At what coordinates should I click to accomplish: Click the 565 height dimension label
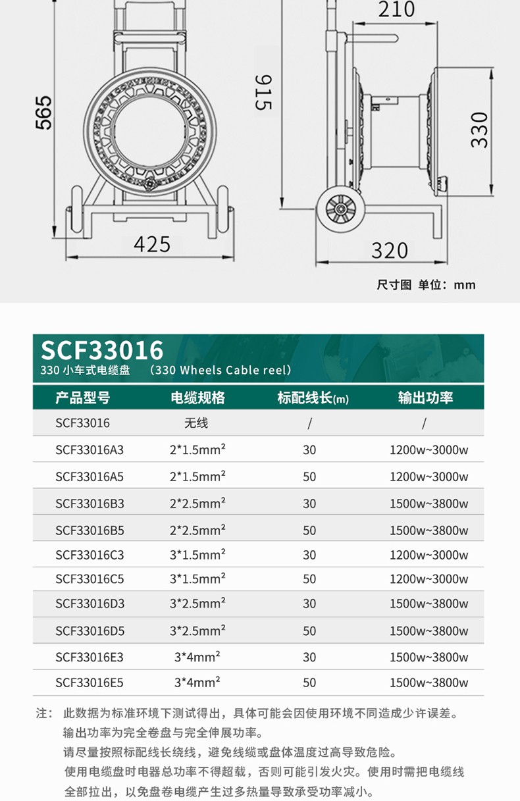pyautogui.click(x=43, y=113)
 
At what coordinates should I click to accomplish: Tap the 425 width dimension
pyautogui.click(x=152, y=245)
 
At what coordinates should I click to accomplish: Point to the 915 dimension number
pyautogui.click(x=263, y=92)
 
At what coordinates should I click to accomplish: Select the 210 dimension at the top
pyautogui.click(x=397, y=9)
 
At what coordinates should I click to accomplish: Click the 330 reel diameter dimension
pyautogui.click(x=480, y=130)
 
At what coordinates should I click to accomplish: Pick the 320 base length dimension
pyautogui.click(x=390, y=250)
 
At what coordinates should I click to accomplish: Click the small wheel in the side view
pyautogui.click(x=340, y=209)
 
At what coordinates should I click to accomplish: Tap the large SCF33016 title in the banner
pyautogui.click(x=102, y=349)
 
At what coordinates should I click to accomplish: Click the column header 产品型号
pyautogui.click(x=83, y=398)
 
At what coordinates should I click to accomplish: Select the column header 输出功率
pyautogui.click(x=426, y=398)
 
